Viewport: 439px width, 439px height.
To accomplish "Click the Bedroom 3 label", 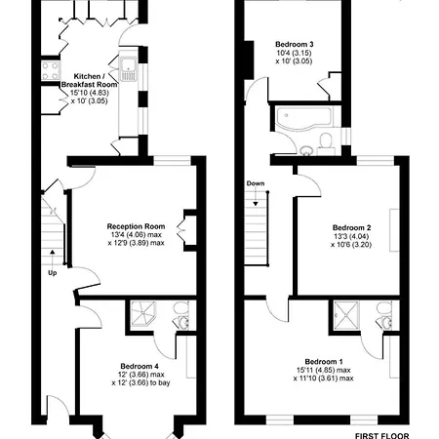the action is tap(295, 44).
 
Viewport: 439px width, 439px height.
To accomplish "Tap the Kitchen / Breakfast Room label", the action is tap(89, 80).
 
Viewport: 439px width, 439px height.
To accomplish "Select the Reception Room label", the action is tap(136, 226).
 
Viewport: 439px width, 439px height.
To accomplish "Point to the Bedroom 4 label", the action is tap(140, 366).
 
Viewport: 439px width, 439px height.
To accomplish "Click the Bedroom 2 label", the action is tap(351, 227).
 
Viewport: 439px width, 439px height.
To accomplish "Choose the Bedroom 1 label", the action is tap(324, 362).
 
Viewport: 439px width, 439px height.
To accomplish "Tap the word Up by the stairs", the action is tap(53, 273).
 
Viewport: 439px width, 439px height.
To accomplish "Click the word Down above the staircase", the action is tap(256, 183).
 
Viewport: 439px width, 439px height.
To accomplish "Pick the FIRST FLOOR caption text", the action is tap(381, 435).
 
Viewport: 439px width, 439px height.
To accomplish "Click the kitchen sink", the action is tap(129, 69).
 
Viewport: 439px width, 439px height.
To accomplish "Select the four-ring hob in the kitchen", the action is tap(51, 71).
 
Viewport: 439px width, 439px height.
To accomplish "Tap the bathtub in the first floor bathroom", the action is tap(303, 117).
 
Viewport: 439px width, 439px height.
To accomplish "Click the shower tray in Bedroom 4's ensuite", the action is tap(143, 314).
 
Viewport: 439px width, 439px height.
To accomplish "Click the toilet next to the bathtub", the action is tap(326, 143).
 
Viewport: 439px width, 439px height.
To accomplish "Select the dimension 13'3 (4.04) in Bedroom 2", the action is tap(350, 236).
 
